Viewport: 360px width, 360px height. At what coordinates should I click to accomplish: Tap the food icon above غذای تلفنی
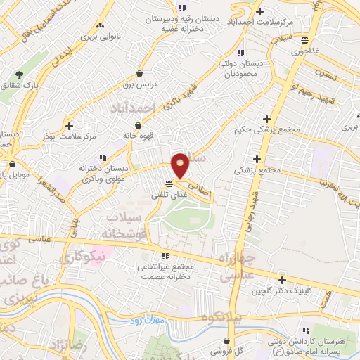point(167,184)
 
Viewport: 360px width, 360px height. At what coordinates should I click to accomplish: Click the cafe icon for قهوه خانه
point(148,124)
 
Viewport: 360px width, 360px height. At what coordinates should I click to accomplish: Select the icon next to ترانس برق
point(140,74)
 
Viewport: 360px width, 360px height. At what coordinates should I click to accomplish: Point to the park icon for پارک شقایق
point(19,74)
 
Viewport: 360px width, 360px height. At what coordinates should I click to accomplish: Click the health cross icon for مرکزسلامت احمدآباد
point(260,11)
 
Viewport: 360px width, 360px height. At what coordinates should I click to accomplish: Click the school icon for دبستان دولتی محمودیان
point(241,53)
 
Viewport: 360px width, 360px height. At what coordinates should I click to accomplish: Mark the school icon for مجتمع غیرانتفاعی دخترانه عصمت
point(166,257)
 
